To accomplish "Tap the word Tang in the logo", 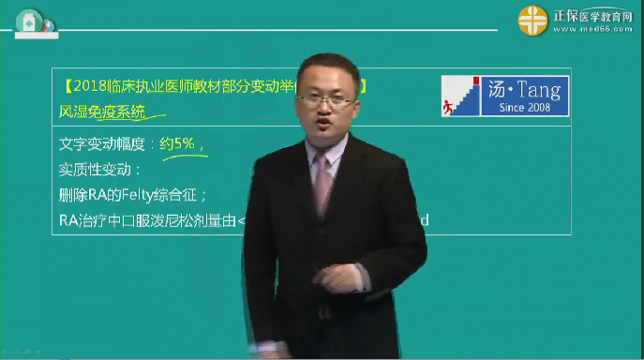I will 539,92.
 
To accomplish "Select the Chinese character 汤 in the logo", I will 499,92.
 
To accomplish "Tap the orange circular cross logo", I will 534,19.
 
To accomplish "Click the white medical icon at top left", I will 28,22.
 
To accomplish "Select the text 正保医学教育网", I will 594,14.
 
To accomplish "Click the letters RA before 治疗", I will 67,220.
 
